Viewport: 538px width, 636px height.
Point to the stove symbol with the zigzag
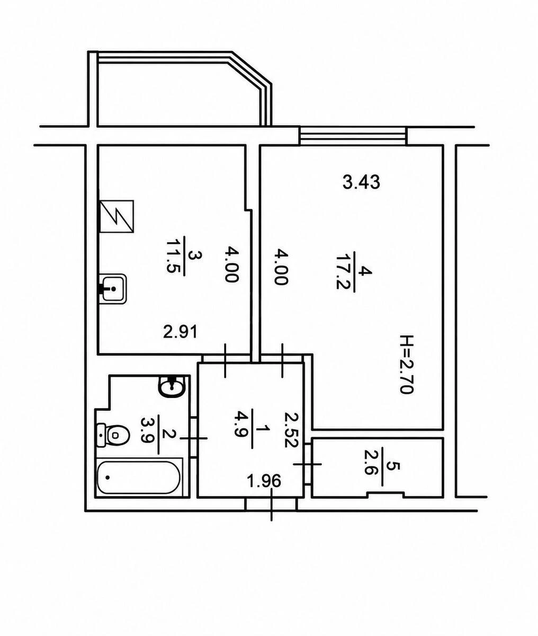pos(117,216)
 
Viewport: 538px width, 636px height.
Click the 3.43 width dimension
pos(361,182)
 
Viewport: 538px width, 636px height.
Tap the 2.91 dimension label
pos(180,332)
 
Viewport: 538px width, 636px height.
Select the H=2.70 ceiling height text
pos(408,365)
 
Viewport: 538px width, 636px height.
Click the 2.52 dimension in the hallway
pos(291,430)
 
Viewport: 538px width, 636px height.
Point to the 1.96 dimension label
pos(264,481)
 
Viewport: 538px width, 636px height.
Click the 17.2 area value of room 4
pos(343,271)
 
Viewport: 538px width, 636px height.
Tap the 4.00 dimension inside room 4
pos(280,267)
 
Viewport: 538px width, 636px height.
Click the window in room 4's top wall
pos(353,136)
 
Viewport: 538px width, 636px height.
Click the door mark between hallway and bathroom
pos(194,438)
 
